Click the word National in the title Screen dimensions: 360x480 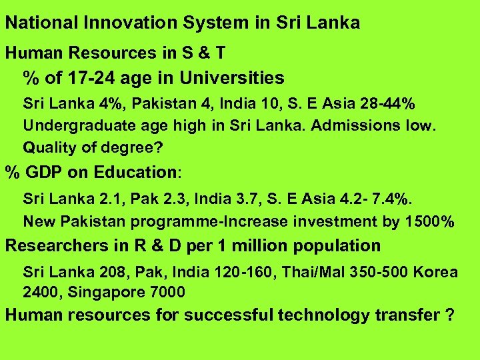pos(42,23)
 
